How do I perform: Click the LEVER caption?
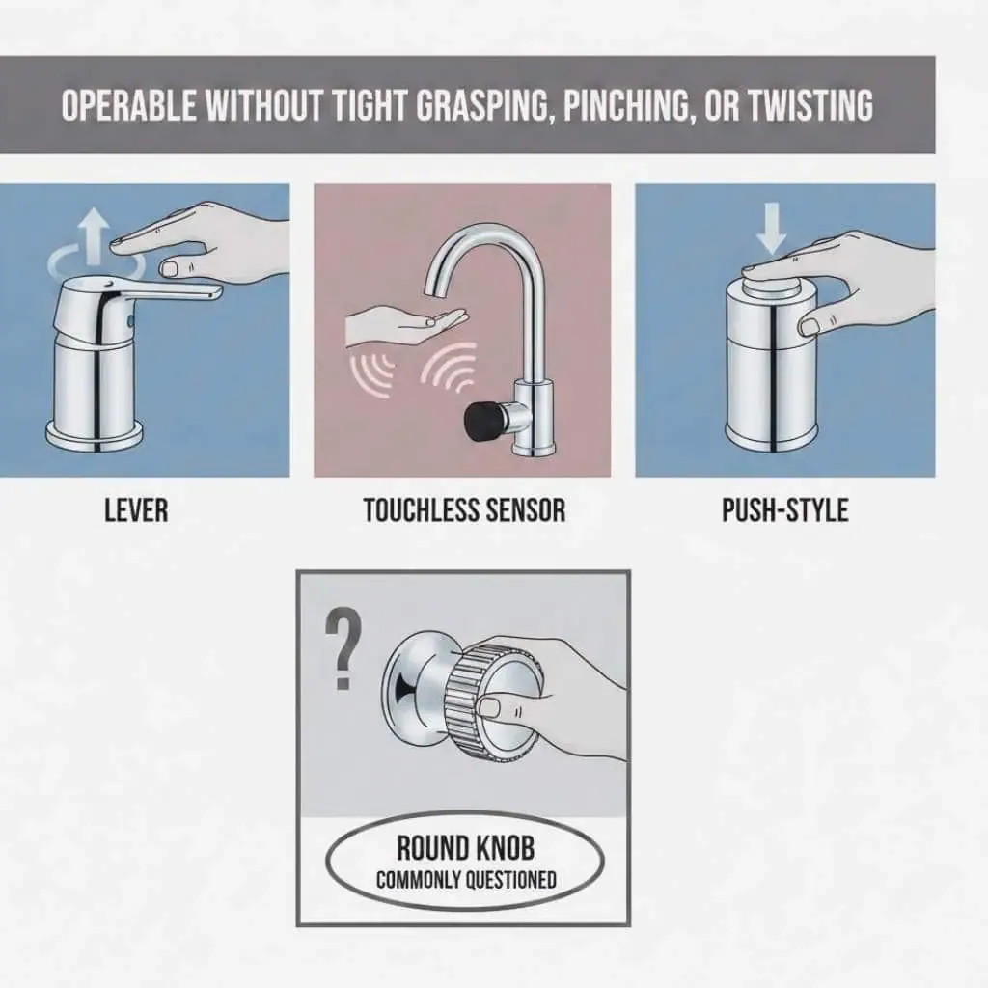coord(135,510)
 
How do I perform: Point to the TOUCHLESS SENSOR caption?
coord(464,510)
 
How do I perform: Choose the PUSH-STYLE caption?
coord(784,510)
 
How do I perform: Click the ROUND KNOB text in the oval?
coord(465,848)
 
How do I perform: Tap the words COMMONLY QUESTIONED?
coord(465,879)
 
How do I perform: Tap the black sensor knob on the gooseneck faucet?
coord(480,421)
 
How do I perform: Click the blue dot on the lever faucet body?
coord(132,317)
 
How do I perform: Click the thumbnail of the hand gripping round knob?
coord(491,709)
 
